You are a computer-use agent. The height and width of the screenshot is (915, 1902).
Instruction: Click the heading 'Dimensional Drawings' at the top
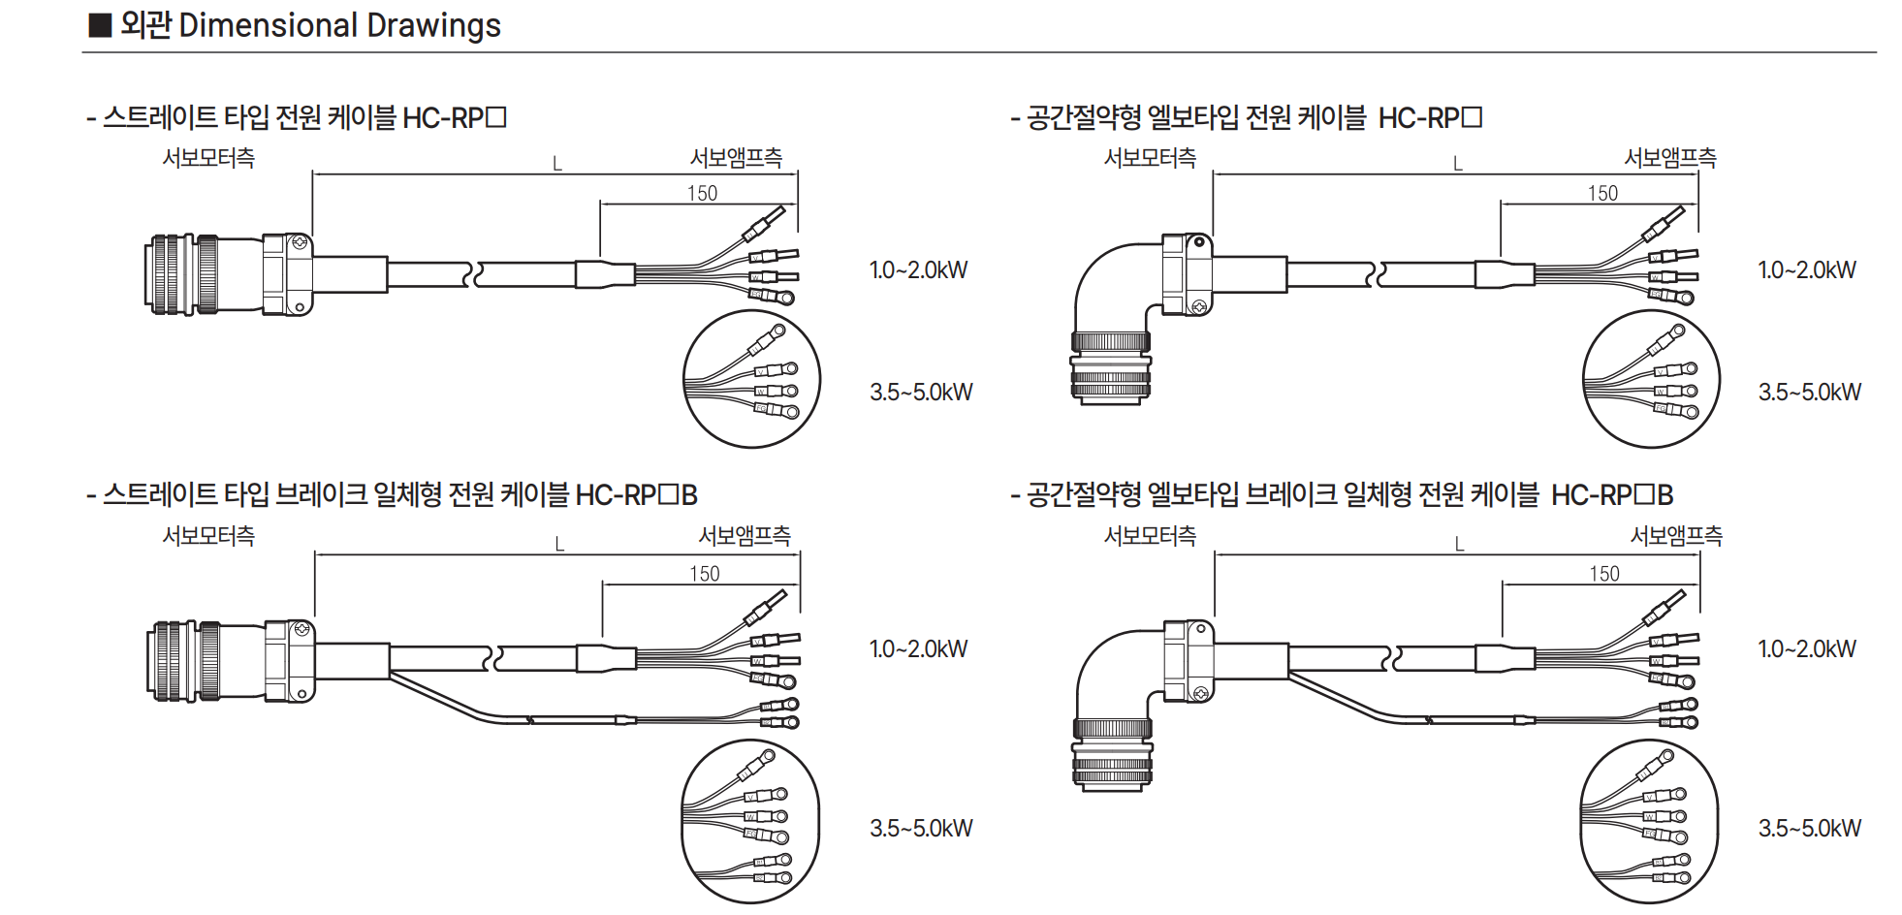(x=339, y=25)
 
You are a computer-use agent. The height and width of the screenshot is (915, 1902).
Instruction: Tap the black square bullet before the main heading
(x=100, y=25)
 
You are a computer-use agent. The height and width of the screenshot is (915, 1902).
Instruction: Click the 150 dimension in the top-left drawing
(x=702, y=193)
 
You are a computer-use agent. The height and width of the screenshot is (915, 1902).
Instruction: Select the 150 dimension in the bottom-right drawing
(x=1604, y=574)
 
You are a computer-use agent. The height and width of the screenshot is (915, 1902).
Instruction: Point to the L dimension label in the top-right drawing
(x=1457, y=164)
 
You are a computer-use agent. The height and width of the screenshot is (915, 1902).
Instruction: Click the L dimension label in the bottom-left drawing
(x=559, y=545)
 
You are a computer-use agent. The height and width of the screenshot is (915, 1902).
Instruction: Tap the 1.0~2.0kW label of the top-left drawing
(x=918, y=270)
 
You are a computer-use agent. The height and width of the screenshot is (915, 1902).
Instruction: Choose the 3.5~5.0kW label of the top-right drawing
(x=1809, y=393)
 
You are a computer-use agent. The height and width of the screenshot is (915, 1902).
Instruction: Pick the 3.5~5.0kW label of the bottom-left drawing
(x=920, y=829)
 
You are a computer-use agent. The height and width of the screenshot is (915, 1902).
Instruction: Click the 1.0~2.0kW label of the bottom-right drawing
(x=1807, y=649)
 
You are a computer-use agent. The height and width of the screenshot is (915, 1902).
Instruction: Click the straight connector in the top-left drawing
(x=229, y=274)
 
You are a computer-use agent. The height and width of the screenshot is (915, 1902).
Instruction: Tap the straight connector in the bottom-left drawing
(x=231, y=661)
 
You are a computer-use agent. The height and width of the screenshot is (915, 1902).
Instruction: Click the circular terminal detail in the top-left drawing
(x=751, y=379)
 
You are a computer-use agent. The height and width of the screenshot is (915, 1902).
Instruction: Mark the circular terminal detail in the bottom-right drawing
(x=1649, y=822)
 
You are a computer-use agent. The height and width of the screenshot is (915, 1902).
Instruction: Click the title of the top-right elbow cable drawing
(x=1246, y=118)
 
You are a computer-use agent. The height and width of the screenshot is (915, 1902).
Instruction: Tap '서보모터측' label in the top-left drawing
(x=208, y=158)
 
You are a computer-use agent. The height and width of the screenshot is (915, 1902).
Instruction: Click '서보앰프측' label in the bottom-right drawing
(x=1676, y=536)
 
